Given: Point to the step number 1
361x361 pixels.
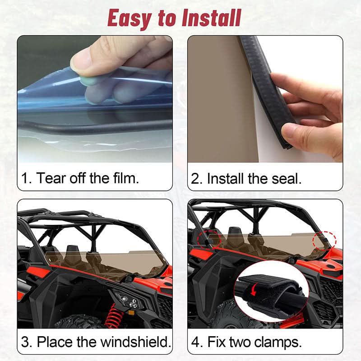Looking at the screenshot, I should [x=25, y=177].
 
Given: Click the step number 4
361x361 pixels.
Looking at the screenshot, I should [x=197, y=342].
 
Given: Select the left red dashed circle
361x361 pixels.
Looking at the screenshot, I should [x=208, y=237].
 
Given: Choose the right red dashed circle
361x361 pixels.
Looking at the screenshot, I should [x=327, y=240].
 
